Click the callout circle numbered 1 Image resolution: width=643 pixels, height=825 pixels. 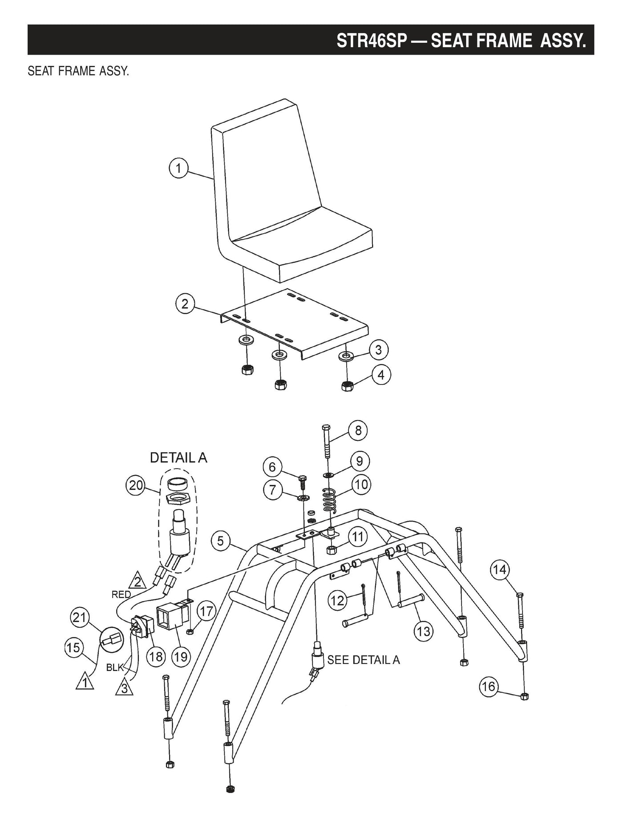tap(178, 169)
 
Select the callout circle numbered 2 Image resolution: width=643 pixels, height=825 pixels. tap(185, 304)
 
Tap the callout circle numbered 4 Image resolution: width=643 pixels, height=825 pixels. tap(381, 375)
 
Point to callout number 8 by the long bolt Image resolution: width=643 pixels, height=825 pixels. tap(358, 430)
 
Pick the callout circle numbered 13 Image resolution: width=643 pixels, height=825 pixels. tap(424, 631)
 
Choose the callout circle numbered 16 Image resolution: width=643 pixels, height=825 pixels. tap(488, 686)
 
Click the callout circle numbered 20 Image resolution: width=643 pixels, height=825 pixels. tap(136, 485)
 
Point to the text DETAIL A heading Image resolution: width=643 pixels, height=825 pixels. tap(178, 458)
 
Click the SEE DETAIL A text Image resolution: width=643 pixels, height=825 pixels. tap(364, 660)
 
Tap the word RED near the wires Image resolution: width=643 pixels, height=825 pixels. tap(121, 594)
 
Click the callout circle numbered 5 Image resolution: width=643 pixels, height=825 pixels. tap(221, 542)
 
